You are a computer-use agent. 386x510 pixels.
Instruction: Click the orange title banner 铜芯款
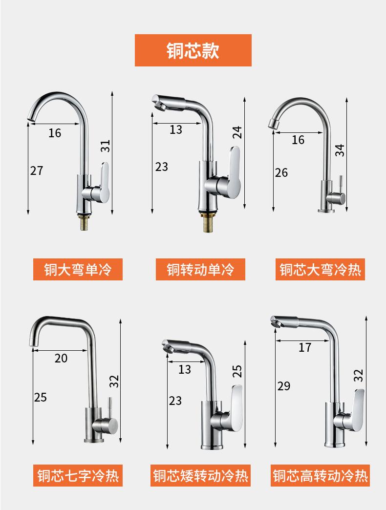(x=193, y=50)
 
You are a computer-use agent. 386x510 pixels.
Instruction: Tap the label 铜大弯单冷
(x=78, y=269)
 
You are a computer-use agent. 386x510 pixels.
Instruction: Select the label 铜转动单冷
(x=200, y=269)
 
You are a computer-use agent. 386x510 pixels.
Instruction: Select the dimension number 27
(x=37, y=170)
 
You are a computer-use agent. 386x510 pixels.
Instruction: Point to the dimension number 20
(x=61, y=358)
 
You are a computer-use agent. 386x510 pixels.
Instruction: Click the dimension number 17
(x=305, y=347)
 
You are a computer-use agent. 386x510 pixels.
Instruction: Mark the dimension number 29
(x=283, y=386)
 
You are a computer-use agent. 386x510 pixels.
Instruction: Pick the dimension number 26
(x=281, y=172)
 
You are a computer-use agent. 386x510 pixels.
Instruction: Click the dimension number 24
(x=237, y=132)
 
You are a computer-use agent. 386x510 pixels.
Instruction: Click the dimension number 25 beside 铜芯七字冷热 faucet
(x=41, y=397)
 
